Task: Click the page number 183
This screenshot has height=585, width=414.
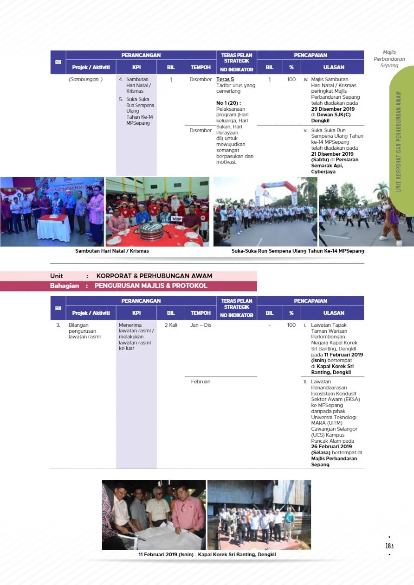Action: [389, 546]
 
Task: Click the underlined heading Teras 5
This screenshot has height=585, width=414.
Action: [225, 80]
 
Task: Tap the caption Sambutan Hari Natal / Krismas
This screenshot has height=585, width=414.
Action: [112, 251]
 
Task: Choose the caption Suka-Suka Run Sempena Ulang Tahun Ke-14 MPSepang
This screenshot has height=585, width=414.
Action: [298, 251]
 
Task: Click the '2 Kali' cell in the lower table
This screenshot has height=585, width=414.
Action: [171, 325]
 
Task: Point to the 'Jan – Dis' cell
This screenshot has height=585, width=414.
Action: [201, 325]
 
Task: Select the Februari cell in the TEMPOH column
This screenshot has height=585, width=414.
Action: [201, 382]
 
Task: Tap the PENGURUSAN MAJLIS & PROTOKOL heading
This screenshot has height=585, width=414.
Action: [151, 286]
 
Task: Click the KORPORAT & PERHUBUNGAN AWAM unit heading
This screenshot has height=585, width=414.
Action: [154, 276]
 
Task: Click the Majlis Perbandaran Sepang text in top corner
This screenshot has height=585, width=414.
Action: [389, 59]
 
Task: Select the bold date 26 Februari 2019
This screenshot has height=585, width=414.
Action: [331, 446]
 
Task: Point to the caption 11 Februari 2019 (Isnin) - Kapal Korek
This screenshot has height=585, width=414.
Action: [207, 554]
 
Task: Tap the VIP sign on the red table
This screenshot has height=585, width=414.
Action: [176, 218]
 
